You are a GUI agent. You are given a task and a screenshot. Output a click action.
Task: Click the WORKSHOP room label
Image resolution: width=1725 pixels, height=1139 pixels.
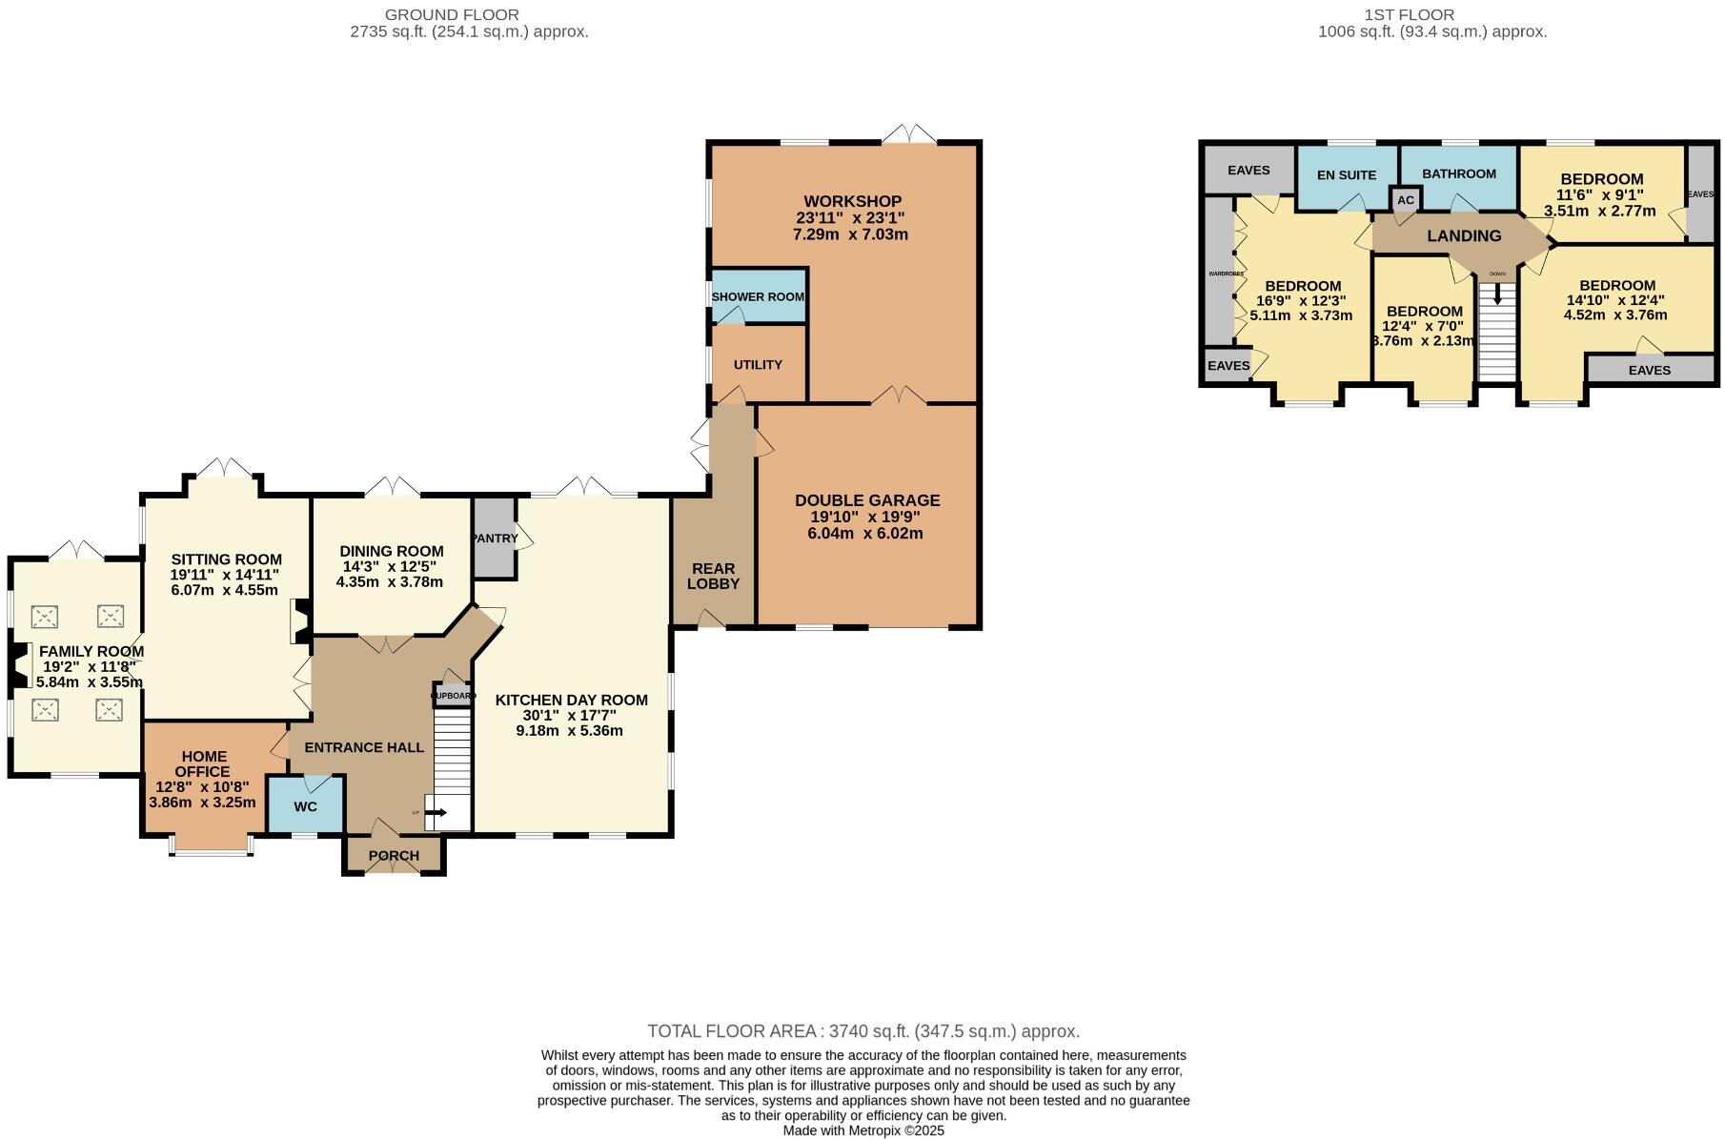click(x=852, y=201)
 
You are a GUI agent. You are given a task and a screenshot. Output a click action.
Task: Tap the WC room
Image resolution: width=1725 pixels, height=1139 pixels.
click(x=305, y=806)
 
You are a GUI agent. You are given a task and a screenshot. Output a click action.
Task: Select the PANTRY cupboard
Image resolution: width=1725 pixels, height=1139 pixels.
click(x=495, y=539)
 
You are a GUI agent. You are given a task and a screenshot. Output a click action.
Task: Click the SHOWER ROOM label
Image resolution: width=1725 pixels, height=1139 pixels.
click(x=758, y=296)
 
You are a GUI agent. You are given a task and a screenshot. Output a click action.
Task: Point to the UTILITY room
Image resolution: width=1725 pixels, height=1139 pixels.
click(x=758, y=365)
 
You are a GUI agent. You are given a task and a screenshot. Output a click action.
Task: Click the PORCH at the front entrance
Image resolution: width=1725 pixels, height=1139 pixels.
click(x=394, y=855)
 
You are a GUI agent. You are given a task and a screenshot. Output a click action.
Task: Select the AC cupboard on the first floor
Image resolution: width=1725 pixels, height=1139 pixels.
click(x=1406, y=201)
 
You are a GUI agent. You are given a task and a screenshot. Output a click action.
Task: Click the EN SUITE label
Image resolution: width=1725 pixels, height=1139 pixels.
click(x=1346, y=175)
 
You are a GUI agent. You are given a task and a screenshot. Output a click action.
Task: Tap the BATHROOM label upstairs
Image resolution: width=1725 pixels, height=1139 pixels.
click(x=1458, y=173)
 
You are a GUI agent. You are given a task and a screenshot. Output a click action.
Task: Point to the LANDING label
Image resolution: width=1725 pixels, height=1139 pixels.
click(x=1464, y=235)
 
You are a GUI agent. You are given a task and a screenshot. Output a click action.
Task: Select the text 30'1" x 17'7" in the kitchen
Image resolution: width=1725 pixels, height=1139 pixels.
click(x=570, y=715)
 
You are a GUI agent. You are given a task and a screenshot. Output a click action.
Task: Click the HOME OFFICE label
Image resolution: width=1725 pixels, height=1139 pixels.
click(x=203, y=763)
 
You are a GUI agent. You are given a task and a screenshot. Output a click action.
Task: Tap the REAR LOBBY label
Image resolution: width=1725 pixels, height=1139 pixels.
click(x=713, y=576)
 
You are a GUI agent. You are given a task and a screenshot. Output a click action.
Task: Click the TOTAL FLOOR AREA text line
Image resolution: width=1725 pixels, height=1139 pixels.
click(x=862, y=1030)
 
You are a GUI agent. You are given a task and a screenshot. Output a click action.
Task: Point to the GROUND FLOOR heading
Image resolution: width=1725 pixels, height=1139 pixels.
click(x=452, y=15)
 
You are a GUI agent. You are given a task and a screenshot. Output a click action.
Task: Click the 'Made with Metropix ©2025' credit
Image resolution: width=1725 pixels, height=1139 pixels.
click(x=862, y=1130)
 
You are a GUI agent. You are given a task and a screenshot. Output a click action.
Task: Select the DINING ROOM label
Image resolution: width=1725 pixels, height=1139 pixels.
click(x=391, y=551)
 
